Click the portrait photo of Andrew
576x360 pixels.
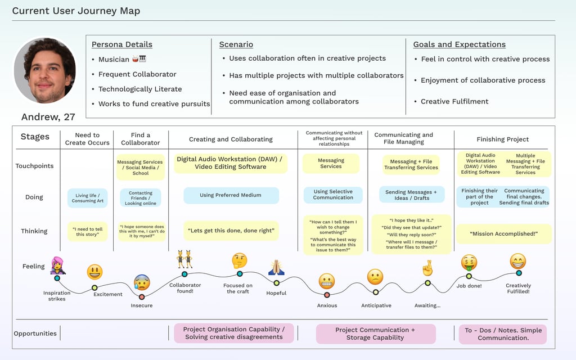coord(44,71)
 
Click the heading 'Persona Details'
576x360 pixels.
coord(121,44)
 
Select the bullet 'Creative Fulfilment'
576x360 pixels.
coord(454,101)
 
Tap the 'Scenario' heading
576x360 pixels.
coord(236,44)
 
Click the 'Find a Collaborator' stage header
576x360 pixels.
coord(140,139)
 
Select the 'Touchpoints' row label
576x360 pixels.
coord(34,166)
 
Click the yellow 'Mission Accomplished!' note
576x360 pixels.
coord(504,233)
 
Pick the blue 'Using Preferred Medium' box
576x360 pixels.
coord(231,195)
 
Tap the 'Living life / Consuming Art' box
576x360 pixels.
coord(87,198)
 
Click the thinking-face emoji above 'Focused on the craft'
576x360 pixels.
coord(240,260)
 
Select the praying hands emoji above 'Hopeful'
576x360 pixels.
coord(276,267)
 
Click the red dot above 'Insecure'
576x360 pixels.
coord(142,296)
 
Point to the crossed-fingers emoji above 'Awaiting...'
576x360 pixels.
coord(427,268)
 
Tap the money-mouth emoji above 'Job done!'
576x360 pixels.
coord(469,263)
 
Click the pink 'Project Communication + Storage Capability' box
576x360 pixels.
coord(375,334)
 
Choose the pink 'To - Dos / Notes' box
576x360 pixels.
coord(503,334)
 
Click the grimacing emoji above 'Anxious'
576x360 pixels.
coord(327,281)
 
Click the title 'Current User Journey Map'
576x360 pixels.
coord(76,11)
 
